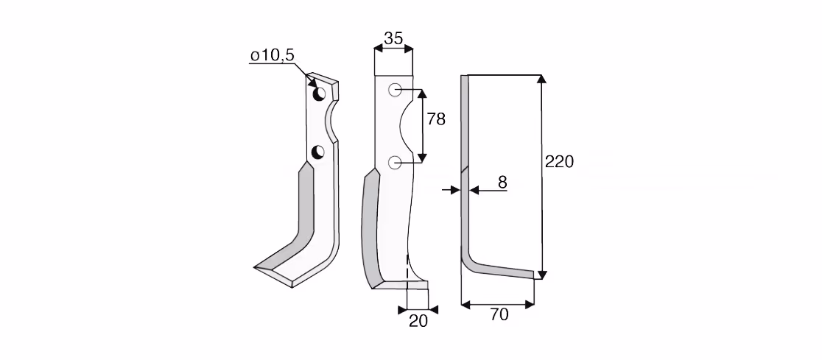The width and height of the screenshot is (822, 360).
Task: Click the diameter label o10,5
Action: pos(273,55)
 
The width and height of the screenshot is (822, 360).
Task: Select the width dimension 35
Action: pos(393,38)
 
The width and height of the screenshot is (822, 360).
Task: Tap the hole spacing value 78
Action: pos(435,119)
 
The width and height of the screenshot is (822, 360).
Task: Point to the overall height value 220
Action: pos(559,161)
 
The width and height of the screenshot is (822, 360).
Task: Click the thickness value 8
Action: pos(502,183)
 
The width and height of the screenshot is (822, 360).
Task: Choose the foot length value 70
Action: pos(499,315)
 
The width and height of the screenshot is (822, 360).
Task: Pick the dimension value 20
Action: pos(418,321)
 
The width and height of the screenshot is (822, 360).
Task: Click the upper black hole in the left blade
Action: pos(319,93)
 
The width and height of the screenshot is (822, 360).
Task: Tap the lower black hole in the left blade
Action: pos(317,152)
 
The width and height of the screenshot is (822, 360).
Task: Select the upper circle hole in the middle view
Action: pos(395,90)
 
